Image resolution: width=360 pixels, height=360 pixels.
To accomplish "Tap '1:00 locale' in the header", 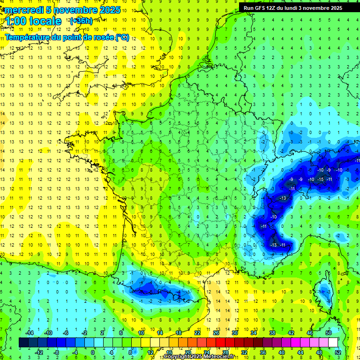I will (33, 21).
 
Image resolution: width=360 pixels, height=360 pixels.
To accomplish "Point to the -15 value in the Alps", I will (321, 180).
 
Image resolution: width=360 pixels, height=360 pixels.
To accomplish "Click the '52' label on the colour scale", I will (337, 352).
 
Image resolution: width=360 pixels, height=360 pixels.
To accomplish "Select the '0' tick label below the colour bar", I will (93, 352).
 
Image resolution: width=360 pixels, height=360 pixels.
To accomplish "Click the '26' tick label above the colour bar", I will (216, 332).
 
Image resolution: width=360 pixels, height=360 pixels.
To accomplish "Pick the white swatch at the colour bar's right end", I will (333, 343).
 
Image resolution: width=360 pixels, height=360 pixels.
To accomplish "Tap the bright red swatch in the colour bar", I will (221, 343).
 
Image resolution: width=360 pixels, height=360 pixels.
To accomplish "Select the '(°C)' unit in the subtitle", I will (123, 37).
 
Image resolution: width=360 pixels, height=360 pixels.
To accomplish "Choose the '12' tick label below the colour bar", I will (150, 352).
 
